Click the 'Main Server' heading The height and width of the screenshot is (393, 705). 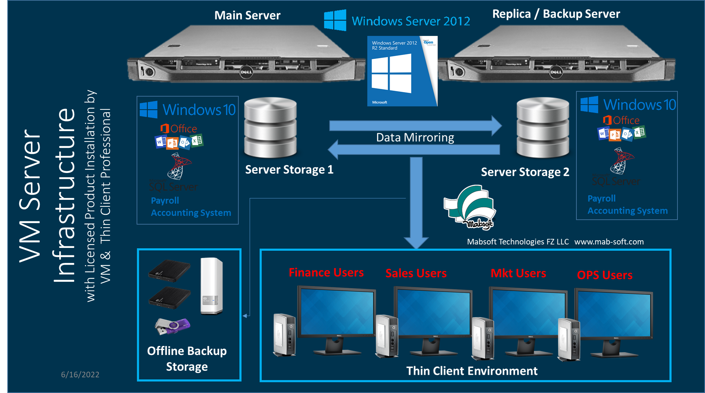click(x=247, y=15)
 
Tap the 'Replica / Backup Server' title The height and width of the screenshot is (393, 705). click(x=556, y=14)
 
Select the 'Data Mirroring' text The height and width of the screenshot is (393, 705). click(x=415, y=137)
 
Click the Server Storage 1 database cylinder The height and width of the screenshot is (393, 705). click(x=270, y=128)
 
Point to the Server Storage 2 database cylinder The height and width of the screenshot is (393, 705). click(x=543, y=128)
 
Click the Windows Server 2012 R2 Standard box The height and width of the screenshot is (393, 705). click(x=402, y=71)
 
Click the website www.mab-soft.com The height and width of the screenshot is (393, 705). click(x=609, y=242)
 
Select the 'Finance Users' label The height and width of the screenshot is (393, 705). click(x=326, y=272)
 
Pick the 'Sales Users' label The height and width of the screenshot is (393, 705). click(x=416, y=273)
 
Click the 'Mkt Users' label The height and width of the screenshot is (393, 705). click(x=518, y=273)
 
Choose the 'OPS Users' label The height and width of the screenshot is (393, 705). click(x=605, y=275)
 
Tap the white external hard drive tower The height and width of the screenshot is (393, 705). click(x=211, y=286)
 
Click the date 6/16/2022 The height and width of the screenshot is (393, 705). click(x=80, y=375)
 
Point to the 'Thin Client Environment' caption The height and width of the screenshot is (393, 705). click(x=472, y=371)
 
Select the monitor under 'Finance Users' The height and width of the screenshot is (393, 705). click(x=336, y=314)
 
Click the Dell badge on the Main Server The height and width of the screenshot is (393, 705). click(x=246, y=72)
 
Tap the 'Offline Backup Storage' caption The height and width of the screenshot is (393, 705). click(x=187, y=358)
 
